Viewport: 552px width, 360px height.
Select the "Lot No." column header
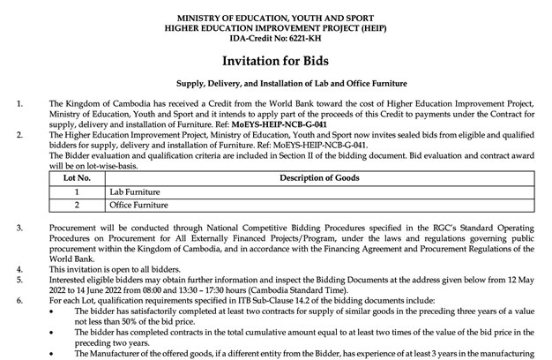pyautogui.click(x=77, y=177)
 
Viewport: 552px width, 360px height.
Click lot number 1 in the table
pyautogui.click(x=77, y=191)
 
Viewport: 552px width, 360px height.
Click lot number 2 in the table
pyautogui.click(x=77, y=206)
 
